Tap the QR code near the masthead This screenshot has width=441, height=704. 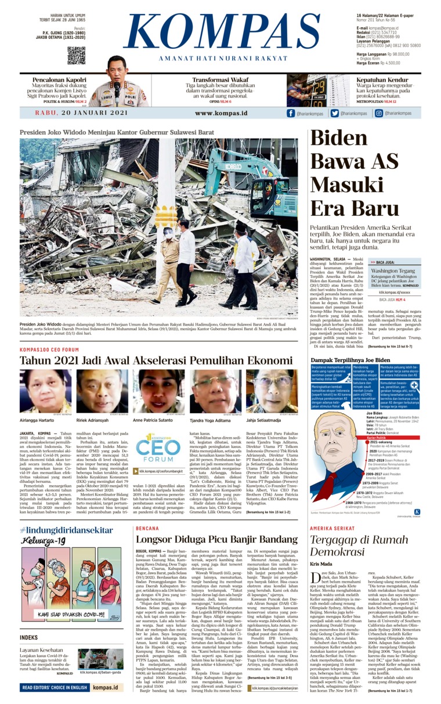[76, 56]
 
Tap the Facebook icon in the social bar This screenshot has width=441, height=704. [291, 113]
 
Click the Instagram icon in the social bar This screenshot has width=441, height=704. [378, 113]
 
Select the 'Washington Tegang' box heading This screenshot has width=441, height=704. [393, 270]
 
